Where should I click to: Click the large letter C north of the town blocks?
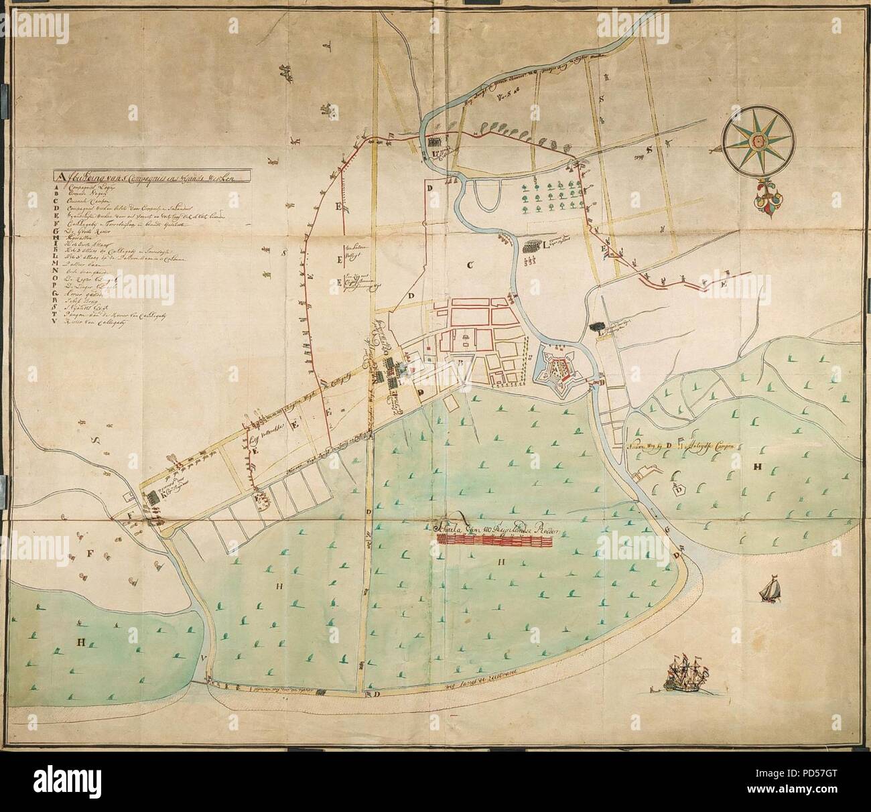click(471, 265)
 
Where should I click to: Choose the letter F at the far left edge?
click(87, 554)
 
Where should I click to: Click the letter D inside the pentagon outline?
click(679, 490)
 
